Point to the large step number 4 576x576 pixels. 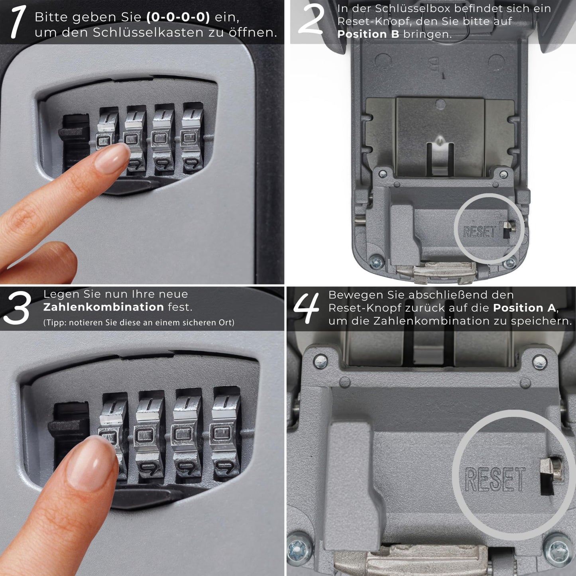[306, 308]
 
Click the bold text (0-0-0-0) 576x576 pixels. [178, 18]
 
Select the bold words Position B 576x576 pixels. [368, 34]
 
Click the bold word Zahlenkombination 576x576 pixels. [103, 307]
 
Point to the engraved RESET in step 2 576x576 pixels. [480, 232]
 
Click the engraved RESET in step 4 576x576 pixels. [495, 480]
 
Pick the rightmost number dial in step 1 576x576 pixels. [193, 138]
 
